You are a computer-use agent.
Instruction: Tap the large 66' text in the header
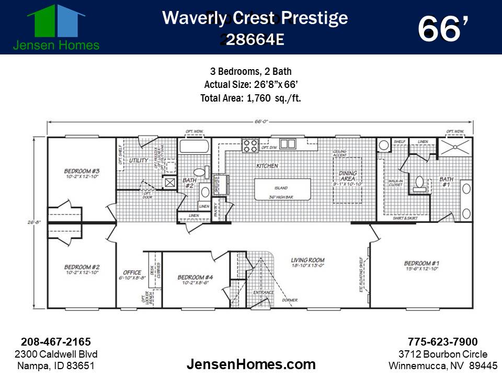pyautogui.click(x=442, y=29)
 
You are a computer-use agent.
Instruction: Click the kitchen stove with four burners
pyautogui.click(x=250, y=145)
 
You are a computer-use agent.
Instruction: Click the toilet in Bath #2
pyautogui.click(x=199, y=172)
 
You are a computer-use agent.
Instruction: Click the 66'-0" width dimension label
pyautogui.click(x=261, y=121)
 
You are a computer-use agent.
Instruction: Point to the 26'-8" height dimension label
pyautogui.click(x=30, y=223)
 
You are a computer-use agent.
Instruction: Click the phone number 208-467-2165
pyautogui.click(x=56, y=341)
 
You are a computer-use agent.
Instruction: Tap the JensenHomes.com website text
pyautogui.click(x=251, y=364)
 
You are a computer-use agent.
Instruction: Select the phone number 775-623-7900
pyautogui.click(x=442, y=341)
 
